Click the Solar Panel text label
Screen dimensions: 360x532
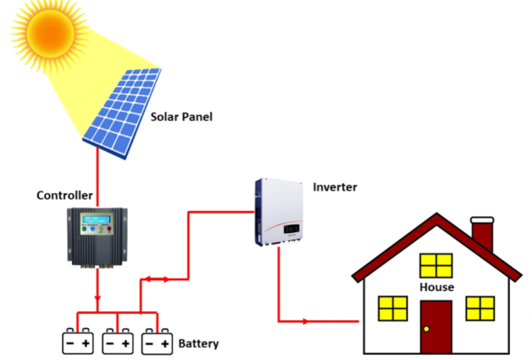coord(182,117)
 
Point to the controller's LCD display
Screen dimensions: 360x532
coord(95,220)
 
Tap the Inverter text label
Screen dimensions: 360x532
coord(334,187)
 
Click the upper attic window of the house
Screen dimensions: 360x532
coord(436,264)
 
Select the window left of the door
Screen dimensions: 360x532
coord(392,308)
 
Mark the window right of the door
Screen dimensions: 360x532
coord(480,308)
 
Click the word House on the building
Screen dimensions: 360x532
coord(436,287)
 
